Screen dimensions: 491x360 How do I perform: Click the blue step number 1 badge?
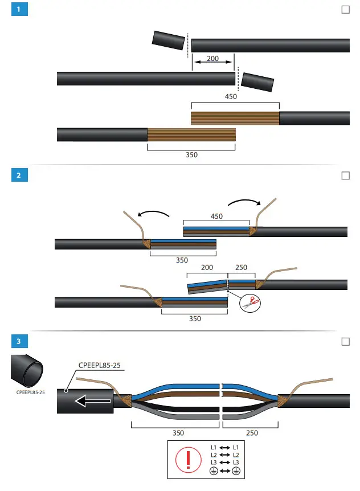19,10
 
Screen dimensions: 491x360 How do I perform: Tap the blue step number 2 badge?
19,175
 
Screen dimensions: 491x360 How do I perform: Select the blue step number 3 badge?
19,341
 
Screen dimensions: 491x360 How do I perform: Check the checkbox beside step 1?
345,10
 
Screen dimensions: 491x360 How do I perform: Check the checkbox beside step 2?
345,175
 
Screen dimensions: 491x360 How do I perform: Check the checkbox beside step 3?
345,341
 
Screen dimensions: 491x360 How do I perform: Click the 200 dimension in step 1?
213,59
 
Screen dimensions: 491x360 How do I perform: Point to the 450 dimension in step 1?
231,97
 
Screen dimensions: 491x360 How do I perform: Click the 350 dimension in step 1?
191,154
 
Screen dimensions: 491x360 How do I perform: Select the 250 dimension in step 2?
242,267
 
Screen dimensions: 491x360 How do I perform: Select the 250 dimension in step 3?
251,433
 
